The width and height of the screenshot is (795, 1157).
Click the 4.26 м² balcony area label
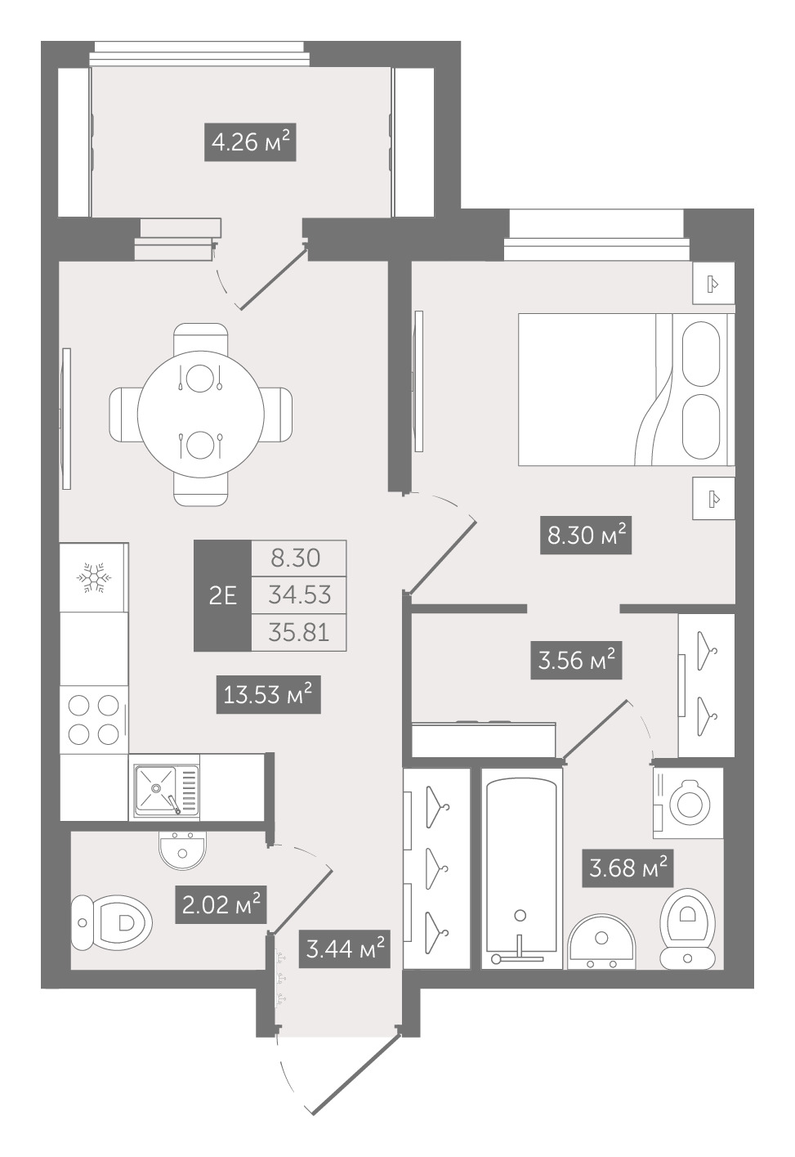pyautogui.click(x=250, y=142)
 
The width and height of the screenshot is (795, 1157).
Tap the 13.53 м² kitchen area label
pyautogui.click(x=269, y=695)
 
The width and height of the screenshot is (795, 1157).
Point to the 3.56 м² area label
pyautogui.click(x=576, y=660)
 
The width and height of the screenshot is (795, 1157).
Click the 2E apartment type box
pyautogui.click(x=222, y=595)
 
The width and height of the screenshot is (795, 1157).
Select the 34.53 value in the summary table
pyautogui.click(x=299, y=595)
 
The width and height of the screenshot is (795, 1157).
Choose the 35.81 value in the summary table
pyautogui.click(x=299, y=632)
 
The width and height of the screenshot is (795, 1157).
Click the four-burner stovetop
pyautogui.click(x=94, y=720)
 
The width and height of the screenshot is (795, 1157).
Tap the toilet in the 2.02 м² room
pyautogui.click(x=111, y=922)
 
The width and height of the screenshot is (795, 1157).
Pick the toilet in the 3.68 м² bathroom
pyautogui.click(x=687, y=928)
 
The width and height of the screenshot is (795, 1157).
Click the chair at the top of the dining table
pyautogui.click(x=201, y=339)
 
